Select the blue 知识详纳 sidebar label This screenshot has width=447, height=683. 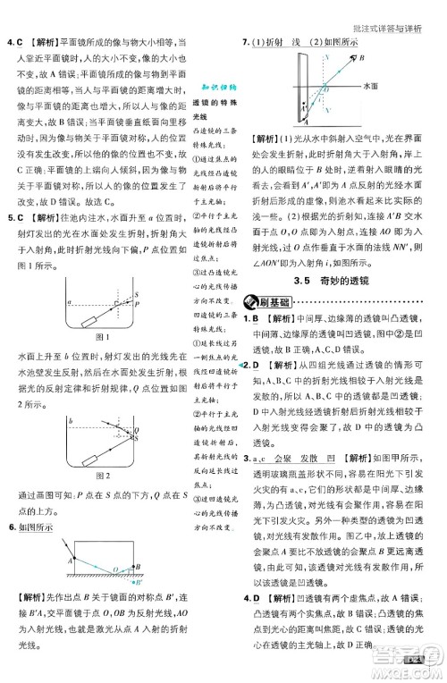click(x=215, y=89)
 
